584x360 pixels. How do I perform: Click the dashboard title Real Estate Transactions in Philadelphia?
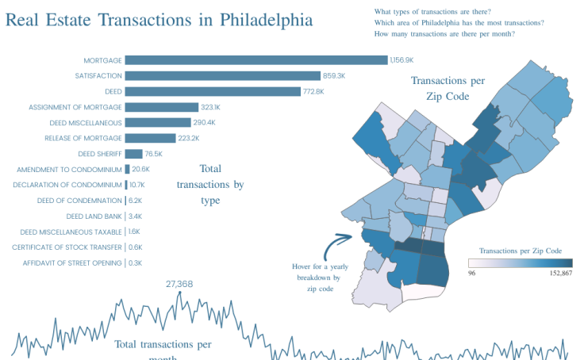(159, 19)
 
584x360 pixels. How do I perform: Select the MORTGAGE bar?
(255, 60)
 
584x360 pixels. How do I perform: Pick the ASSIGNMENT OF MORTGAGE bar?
(161, 107)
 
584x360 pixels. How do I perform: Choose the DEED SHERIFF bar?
(133, 154)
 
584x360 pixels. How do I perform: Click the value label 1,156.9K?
(401, 60)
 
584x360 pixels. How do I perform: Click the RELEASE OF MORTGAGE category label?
(83, 138)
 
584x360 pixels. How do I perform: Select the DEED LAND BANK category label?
(94, 216)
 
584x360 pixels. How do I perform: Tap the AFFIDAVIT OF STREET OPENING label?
(72, 263)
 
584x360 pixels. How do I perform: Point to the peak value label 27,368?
(179, 284)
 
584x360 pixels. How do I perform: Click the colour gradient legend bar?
(520, 262)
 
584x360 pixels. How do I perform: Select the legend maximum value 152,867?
(555, 273)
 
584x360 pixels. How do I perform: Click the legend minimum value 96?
(472, 273)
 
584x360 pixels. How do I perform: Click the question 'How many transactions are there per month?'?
(444, 34)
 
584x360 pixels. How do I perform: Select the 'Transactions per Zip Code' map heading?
(447, 88)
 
